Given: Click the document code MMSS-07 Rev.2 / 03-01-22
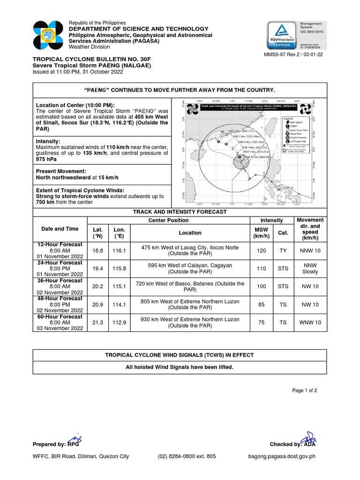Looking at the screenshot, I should [x=294, y=54].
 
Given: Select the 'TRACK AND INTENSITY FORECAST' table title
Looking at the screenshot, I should [x=180, y=212].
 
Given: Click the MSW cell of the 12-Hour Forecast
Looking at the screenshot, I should [x=261, y=251].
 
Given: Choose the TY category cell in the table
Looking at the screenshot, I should [x=283, y=251].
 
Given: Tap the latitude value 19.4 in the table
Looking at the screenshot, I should [x=97, y=269].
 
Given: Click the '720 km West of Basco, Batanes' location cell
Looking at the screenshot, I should [x=190, y=286].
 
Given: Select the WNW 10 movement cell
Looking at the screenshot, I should [x=310, y=322].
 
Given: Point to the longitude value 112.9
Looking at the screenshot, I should [x=119, y=322].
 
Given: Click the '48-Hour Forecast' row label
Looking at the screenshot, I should [x=60, y=299].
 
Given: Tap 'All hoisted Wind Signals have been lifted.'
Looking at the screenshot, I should [x=180, y=367].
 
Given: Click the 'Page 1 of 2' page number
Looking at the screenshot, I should [x=305, y=390].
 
